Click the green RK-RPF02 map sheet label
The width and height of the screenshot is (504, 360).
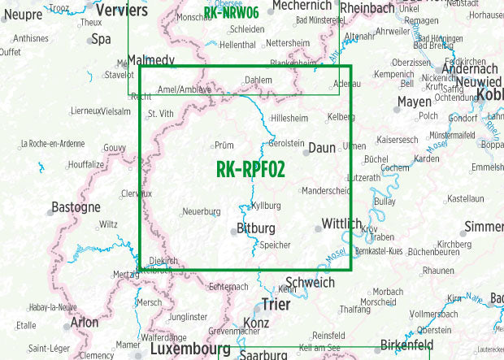point(251,169)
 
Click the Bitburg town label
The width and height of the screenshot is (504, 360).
point(255,229)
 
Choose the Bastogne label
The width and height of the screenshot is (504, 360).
point(76,207)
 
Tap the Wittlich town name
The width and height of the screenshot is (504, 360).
point(341,224)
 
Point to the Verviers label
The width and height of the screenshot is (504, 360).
point(122,11)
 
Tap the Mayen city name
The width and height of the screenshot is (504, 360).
point(415,102)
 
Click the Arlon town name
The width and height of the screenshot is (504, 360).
point(85,322)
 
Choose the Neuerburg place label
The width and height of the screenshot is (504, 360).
point(202,211)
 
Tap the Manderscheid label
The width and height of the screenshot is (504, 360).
point(325,191)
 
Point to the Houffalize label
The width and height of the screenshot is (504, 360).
point(87,163)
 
